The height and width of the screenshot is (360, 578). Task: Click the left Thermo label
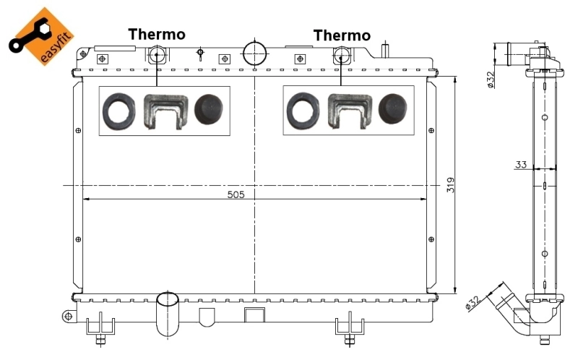(x=157, y=35)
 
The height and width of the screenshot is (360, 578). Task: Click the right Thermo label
(x=342, y=35)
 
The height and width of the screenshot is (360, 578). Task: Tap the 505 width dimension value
(x=236, y=194)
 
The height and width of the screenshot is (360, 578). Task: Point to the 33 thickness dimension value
(x=520, y=165)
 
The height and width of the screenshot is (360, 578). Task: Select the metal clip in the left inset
(x=164, y=112)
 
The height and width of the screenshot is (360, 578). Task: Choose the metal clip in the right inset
(x=348, y=112)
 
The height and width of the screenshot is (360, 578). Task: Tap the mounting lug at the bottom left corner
(x=68, y=316)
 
